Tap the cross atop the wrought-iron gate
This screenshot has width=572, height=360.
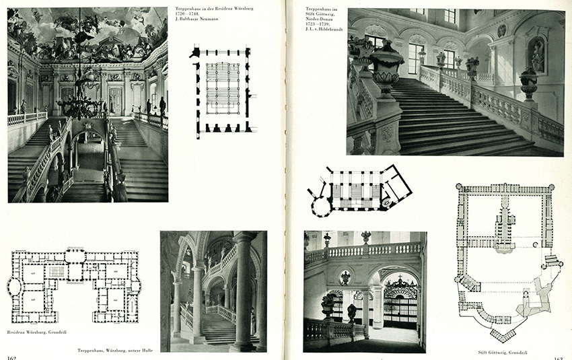(x=400, y=279)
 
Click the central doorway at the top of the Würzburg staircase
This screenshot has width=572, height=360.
(x=115, y=100)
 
